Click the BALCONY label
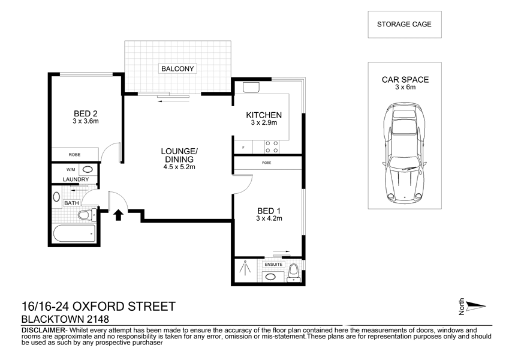pos(177,68)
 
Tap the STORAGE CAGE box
pos(405,25)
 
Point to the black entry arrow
pos(118,215)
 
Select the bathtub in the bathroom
pos(74,233)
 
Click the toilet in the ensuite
pos(293,272)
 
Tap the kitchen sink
pos(251,88)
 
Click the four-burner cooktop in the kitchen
pos(272,146)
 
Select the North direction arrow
pos(476,306)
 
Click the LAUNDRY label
pos(76,179)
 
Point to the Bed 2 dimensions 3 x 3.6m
pos(86,121)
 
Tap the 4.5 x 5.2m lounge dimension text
pos(179,167)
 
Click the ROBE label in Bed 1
pos(267,163)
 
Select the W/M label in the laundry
pos(71,170)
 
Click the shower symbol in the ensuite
pos(246,269)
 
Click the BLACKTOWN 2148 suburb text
pos(65,319)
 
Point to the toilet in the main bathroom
pos(87,215)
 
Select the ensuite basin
pos(269,277)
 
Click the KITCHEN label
pos(264,115)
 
